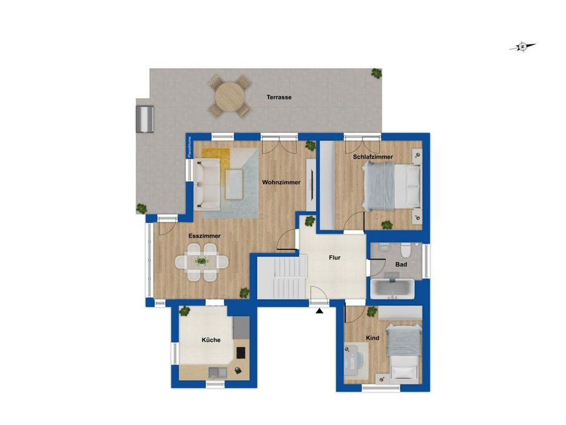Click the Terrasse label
click(x=279, y=97)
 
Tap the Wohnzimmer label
click(x=281, y=182)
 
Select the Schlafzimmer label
click(x=373, y=157)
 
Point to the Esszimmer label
click(x=204, y=236)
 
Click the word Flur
click(x=334, y=257)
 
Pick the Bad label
click(x=401, y=264)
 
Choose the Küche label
click(x=211, y=340)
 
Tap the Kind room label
click(x=373, y=338)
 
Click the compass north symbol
click(x=522, y=47)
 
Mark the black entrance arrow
click(x=319, y=311)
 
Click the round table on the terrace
click(x=230, y=96)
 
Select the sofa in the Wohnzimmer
click(x=207, y=184)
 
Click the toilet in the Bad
click(x=406, y=248)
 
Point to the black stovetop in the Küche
click(x=241, y=352)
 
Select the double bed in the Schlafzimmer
click(x=393, y=186)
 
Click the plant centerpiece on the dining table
click(x=202, y=261)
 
